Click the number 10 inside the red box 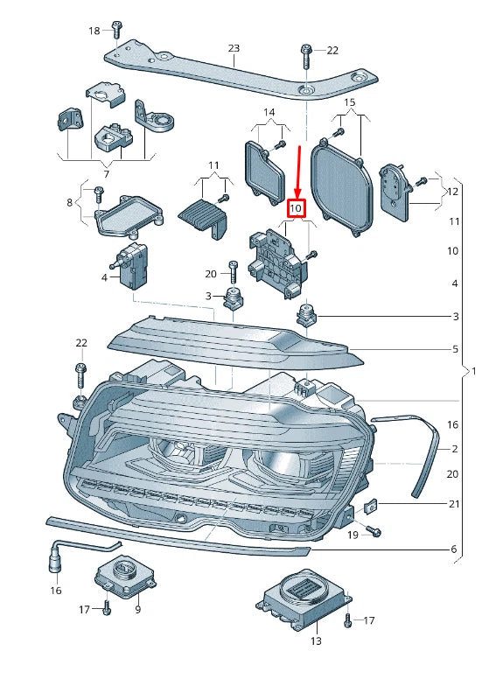[x=296, y=208]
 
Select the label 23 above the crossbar [x=234, y=48]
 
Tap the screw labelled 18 [x=115, y=29]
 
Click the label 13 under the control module [x=317, y=640]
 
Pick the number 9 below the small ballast [x=138, y=609]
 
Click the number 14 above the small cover [x=269, y=112]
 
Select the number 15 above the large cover [x=350, y=102]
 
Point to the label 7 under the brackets [x=107, y=174]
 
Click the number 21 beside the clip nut [x=454, y=504]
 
